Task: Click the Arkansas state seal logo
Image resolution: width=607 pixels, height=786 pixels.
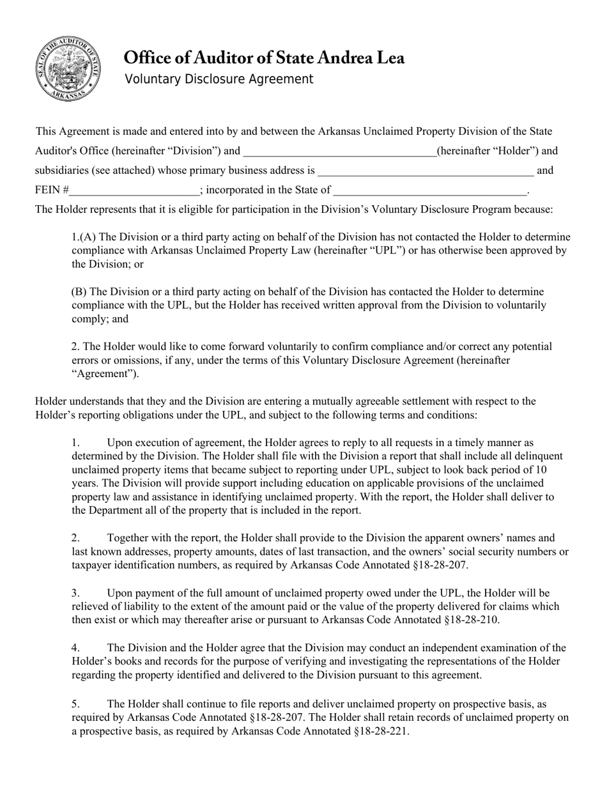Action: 67,68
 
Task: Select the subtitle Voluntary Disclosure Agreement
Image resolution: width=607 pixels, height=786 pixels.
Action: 219,79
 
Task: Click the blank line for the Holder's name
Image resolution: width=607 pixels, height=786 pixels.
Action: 339,151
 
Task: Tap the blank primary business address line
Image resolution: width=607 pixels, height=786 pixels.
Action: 426,171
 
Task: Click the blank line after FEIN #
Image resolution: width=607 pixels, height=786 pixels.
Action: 135,190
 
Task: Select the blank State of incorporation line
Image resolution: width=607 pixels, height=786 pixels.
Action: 430,190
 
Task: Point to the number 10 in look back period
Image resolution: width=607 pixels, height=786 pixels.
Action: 540,469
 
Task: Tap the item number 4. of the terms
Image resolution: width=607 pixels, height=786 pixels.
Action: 75,648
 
